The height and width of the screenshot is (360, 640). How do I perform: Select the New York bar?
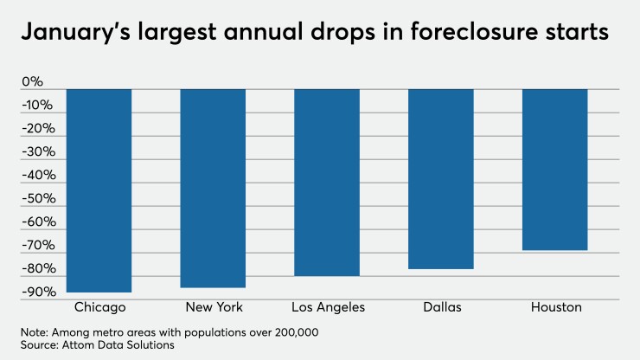click(213, 188)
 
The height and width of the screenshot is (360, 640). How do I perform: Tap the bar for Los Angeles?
click(327, 182)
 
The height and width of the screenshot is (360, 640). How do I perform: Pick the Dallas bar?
click(441, 178)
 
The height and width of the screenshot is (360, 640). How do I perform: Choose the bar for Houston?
click(555, 169)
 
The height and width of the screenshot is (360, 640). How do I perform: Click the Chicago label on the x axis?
click(100, 307)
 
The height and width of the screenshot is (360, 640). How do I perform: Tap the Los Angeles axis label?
click(330, 307)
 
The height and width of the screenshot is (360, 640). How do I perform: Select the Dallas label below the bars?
click(442, 307)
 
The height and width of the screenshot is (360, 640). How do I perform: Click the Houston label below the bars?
click(556, 307)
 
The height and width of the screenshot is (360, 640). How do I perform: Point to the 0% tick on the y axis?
click(32, 83)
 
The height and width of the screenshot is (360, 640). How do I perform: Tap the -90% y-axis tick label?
click(39, 292)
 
